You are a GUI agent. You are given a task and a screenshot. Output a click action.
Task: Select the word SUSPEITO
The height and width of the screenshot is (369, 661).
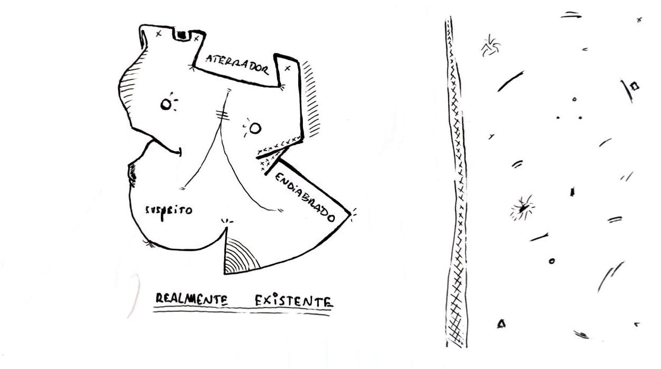169,210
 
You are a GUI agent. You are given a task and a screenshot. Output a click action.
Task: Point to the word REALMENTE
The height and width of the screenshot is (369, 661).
191,300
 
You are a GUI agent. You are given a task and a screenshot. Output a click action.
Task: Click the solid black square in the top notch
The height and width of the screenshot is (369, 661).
182,35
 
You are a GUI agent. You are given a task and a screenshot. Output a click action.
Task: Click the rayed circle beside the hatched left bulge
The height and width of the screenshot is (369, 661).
167,104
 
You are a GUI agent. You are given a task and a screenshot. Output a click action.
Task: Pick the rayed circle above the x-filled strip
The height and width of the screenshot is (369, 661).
255,128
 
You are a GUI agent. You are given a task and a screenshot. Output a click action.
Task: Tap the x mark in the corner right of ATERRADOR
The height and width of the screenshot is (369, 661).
288,68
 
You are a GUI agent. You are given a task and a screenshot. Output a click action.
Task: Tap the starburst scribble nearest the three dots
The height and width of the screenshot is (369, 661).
490,47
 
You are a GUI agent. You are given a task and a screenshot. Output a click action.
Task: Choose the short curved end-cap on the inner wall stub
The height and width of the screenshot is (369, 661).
181,152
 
